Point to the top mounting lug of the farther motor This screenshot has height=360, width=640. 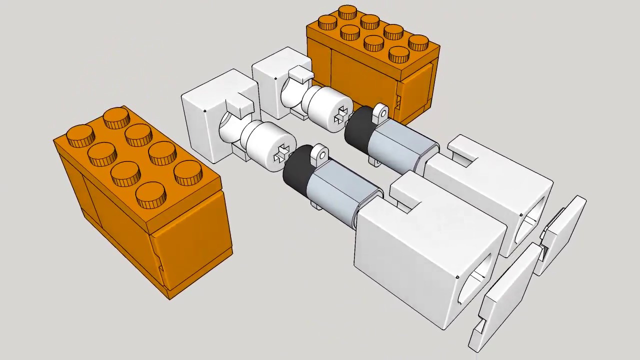pyautogui.click(x=380, y=112)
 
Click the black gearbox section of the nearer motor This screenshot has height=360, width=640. pyautogui.click(x=296, y=172)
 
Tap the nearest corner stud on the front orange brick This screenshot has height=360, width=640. pyautogui.click(x=150, y=194)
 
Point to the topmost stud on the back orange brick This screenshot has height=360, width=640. pyautogui.click(x=347, y=12)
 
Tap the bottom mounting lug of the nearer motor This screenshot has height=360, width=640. pyautogui.click(x=316, y=205)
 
